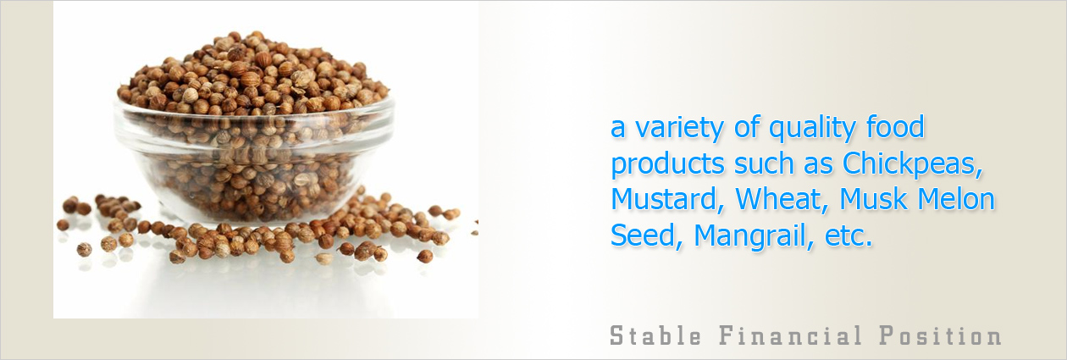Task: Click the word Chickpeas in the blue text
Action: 913,163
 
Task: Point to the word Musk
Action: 872,199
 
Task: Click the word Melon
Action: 956,199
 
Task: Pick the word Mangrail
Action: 754,236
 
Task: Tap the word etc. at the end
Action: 849,236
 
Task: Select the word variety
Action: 679,129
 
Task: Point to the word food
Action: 896,127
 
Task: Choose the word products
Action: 667,165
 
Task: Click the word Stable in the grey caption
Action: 655,335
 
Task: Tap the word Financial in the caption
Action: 790,335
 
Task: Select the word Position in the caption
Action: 940,335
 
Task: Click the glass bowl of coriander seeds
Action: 254,162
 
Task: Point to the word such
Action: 764,163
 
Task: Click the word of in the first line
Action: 746,127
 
